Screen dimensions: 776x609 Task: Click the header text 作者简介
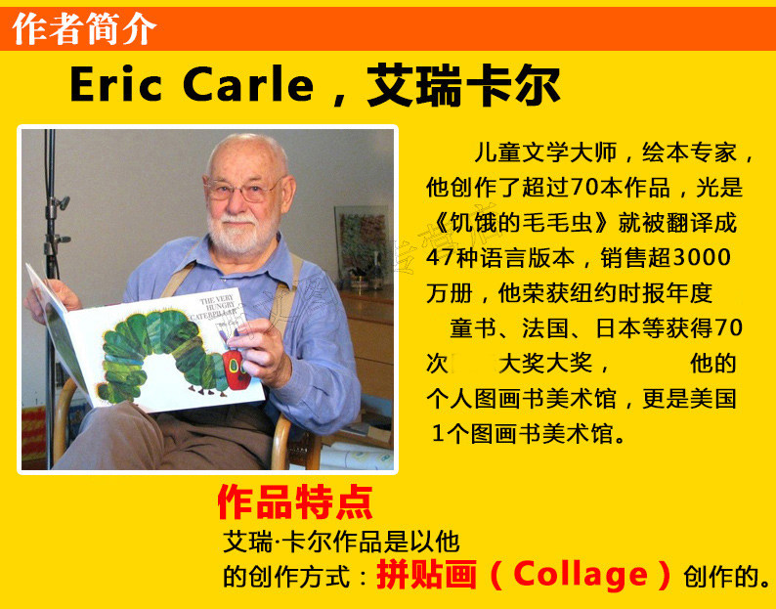tap(84, 28)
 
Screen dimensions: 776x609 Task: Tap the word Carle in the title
tap(248, 84)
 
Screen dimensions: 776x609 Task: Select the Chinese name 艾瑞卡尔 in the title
tap(463, 85)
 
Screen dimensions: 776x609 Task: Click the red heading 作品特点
tap(295, 502)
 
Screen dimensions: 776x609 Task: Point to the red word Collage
tap(581, 575)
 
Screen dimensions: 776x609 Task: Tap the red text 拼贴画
tap(426, 575)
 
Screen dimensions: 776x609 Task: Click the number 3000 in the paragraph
tap(703, 257)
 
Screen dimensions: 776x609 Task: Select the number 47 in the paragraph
tap(438, 258)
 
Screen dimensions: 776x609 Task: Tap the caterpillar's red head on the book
tap(237, 369)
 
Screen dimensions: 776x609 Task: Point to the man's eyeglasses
tap(243, 189)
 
